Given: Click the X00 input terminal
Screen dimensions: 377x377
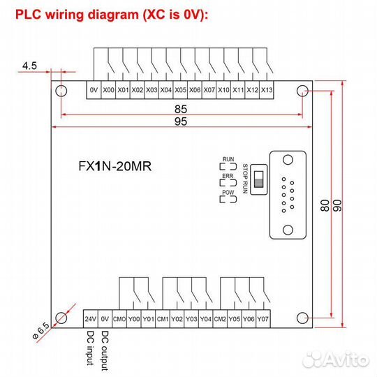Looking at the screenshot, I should [x=108, y=90].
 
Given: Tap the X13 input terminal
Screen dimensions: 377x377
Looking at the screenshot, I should [x=266, y=90].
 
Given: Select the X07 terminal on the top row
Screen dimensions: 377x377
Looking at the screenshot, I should [x=209, y=90].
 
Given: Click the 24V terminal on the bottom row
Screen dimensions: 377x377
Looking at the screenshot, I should [x=90, y=319].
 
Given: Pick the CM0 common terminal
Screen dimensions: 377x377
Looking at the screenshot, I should [x=119, y=319].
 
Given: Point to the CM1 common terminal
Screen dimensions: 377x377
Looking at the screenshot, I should [x=163, y=319].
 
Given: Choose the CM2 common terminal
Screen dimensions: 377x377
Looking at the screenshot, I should [x=220, y=319].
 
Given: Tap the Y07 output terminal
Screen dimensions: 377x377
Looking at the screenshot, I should [x=263, y=319].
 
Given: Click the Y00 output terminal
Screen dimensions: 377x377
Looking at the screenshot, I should [x=134, y=319].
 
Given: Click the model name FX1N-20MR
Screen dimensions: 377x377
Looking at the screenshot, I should [x=115, y=167].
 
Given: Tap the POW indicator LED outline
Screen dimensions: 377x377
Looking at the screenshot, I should [x=228, y=199].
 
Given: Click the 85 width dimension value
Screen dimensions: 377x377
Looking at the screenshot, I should [x=182, y=109].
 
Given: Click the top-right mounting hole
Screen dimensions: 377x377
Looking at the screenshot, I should [x=302, y=91].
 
